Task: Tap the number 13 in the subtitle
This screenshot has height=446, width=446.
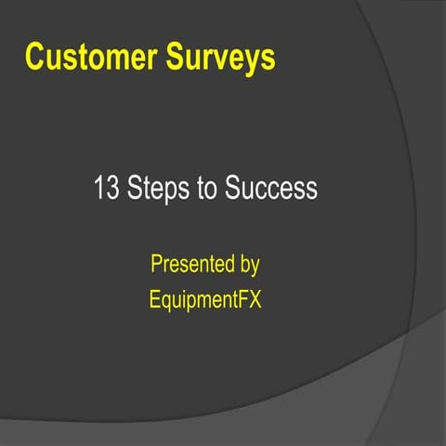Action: tap(104, 189)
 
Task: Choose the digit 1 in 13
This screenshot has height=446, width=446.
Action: tap(98, 189)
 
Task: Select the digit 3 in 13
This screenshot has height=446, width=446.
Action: tap(110, 189)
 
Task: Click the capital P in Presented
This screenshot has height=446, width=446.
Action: tap(156, 265)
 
